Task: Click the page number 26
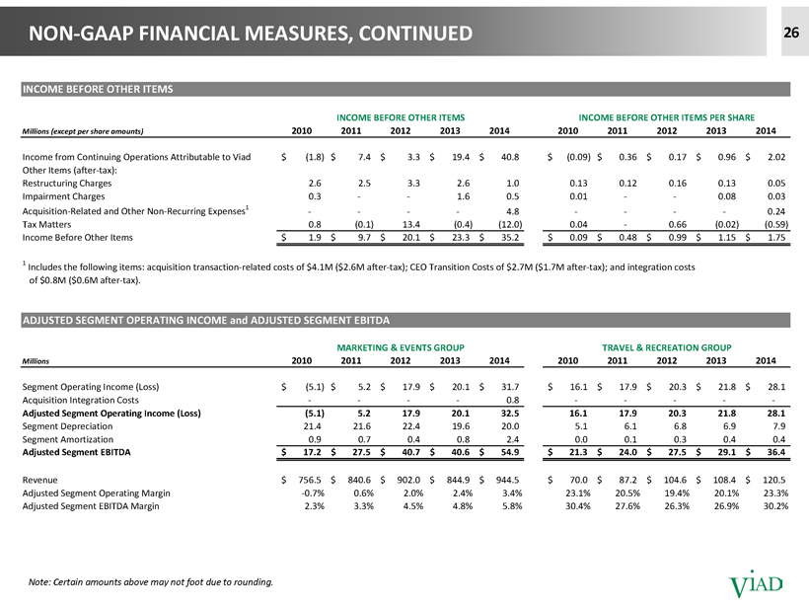click(x=791, y=33)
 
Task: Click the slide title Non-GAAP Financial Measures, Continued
click(x=251, y=33)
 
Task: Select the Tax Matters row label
click(x=46, y=224)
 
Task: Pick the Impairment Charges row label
click(x=63, y=196)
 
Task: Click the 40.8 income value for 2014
click(x=510, y=157)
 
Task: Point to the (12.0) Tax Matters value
click(x=510, y=224)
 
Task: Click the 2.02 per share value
click(x=776, y=157)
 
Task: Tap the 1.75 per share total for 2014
click(x=776, y=238)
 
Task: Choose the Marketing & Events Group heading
click(x=401, y=347)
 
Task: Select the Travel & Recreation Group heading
click(x=667, y=347)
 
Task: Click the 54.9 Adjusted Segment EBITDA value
click(x=510, y=452)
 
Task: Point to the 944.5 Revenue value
click(x=508, y=480)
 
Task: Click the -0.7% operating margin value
click(x=313, y=493)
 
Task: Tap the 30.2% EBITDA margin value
click(x=776, y=506)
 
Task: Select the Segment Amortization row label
click(x=68, y=439)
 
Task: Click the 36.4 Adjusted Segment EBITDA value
click(x=776, y=452)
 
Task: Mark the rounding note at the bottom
click(x=151, y=582)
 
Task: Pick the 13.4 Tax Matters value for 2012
click(x=411, y=224)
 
